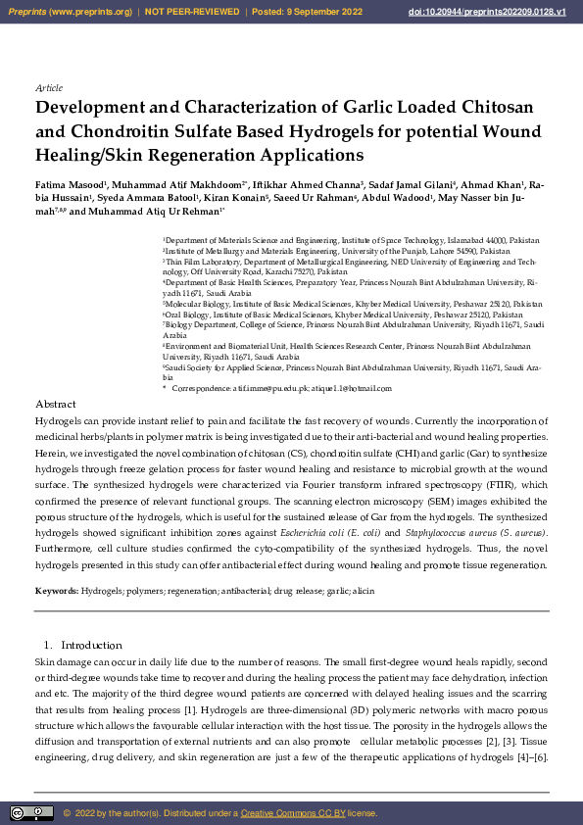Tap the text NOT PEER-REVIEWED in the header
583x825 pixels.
191,12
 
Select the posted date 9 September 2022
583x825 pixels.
323,12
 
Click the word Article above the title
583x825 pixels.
48,88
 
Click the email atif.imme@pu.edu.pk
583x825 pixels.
261,389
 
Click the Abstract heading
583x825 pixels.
55,404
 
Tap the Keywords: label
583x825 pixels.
57,591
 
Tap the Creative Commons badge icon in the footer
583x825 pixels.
31,812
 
